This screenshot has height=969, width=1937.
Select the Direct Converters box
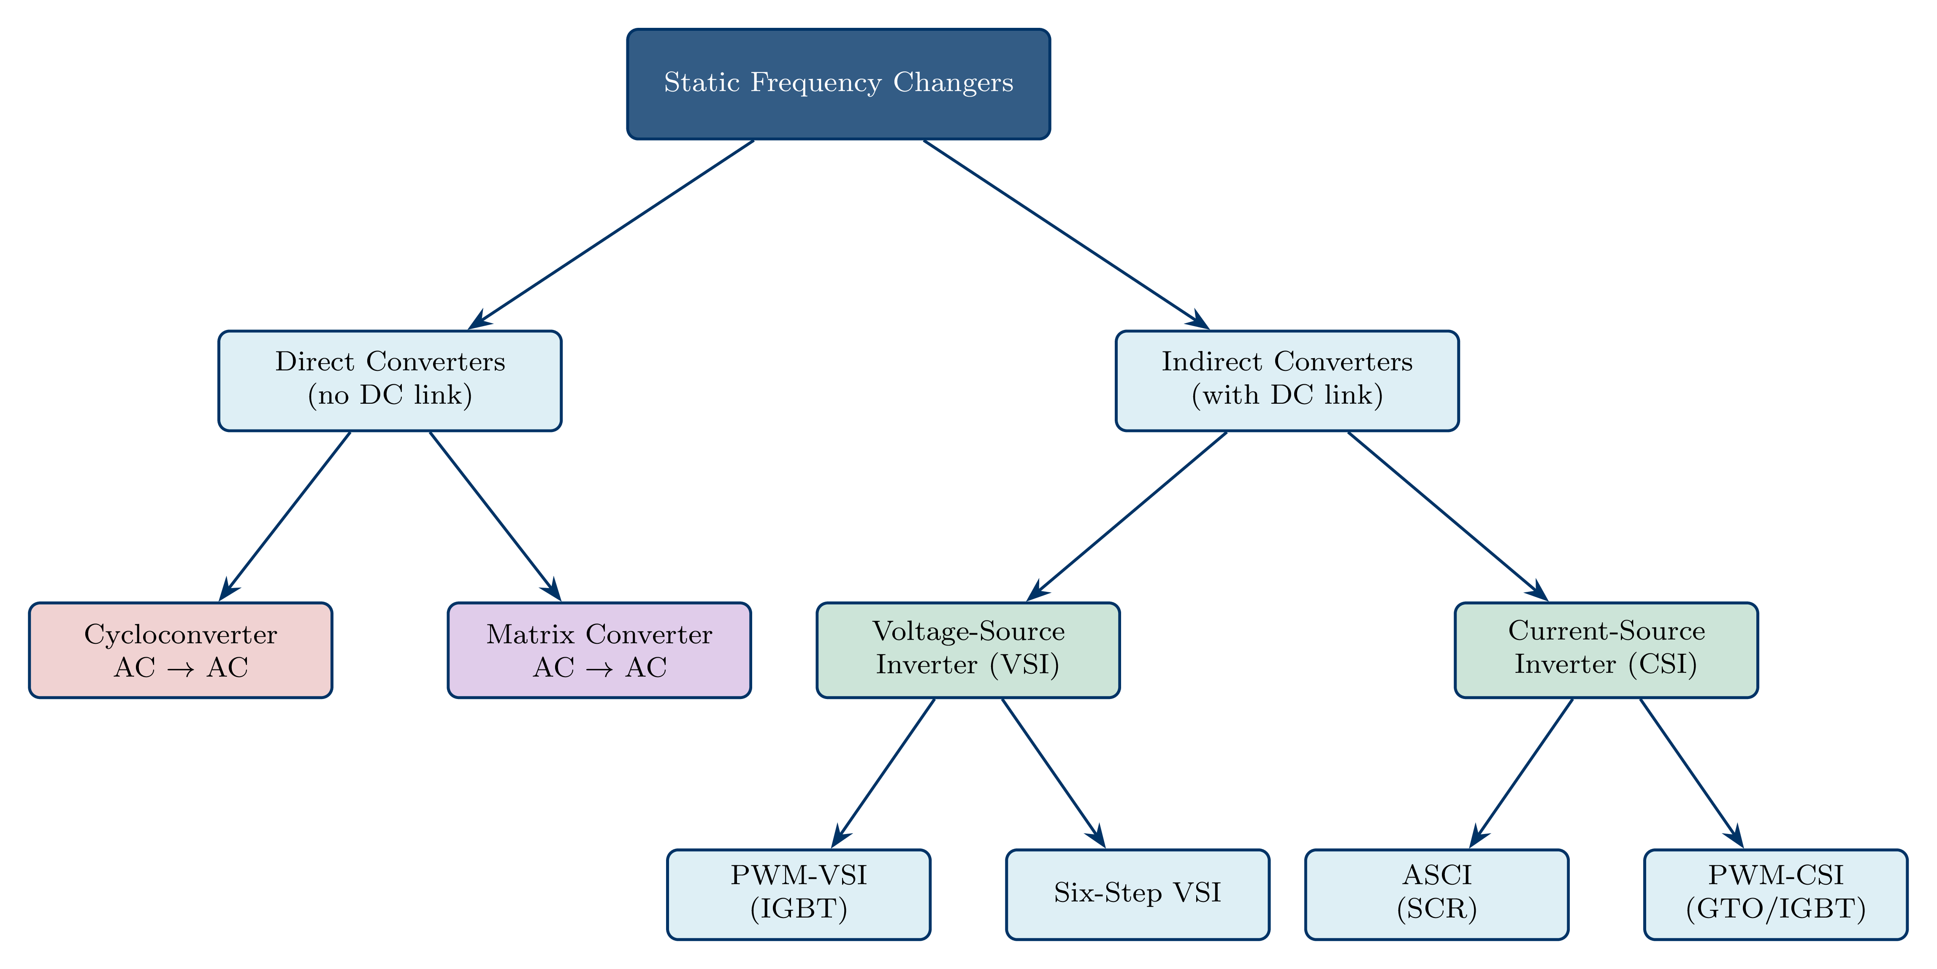coord(390,381)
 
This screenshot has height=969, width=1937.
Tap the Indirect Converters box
coord(1287,381)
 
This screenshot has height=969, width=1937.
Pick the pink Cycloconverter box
coord(181,650)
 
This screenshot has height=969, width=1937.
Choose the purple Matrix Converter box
coord(599,650)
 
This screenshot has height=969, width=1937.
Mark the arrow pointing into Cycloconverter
coord(286,516)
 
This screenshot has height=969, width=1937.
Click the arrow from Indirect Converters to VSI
coord(1128,516)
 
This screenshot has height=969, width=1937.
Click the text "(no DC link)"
coord(390,395)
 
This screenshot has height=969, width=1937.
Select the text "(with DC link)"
coord(1287,395)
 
